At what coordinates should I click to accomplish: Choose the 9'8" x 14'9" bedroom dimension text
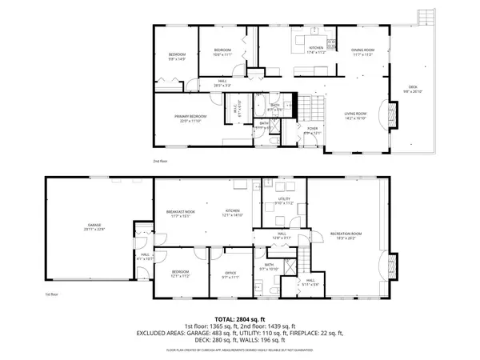coord(176,58)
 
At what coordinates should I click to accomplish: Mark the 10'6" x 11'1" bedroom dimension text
coord(222,56)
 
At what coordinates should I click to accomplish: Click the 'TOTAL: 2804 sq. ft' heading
coord(240,319)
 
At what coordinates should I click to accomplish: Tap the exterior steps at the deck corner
coord(423,17)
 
